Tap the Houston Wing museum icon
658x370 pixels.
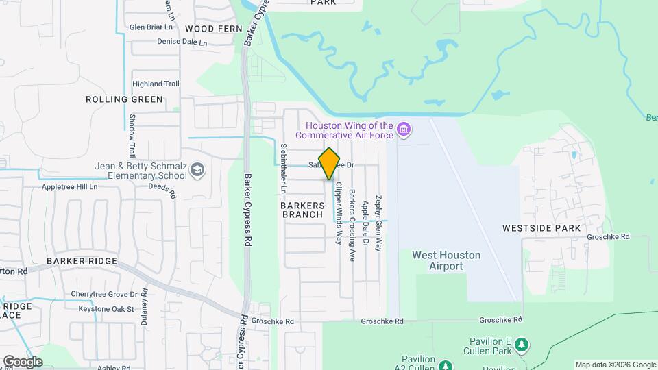[404, 129]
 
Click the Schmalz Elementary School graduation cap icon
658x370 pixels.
[197, 169]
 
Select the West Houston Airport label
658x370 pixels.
[446, 260]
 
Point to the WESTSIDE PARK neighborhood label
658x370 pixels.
[541, 228]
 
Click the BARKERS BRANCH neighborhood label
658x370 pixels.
[302, 209]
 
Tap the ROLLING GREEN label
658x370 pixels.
[125, 99]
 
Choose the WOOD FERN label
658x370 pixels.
[214, 29]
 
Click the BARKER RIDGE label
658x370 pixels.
[82, 262]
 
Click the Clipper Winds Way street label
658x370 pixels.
[338, 212]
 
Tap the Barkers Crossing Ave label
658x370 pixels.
[352, 225]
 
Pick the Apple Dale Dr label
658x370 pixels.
[365, 223]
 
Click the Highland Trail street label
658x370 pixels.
[156, 84]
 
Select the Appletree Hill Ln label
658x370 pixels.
[71, 186]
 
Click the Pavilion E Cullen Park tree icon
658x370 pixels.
[522, 345]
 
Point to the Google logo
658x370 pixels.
[23, 361]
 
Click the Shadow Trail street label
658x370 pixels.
[132, 135]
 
